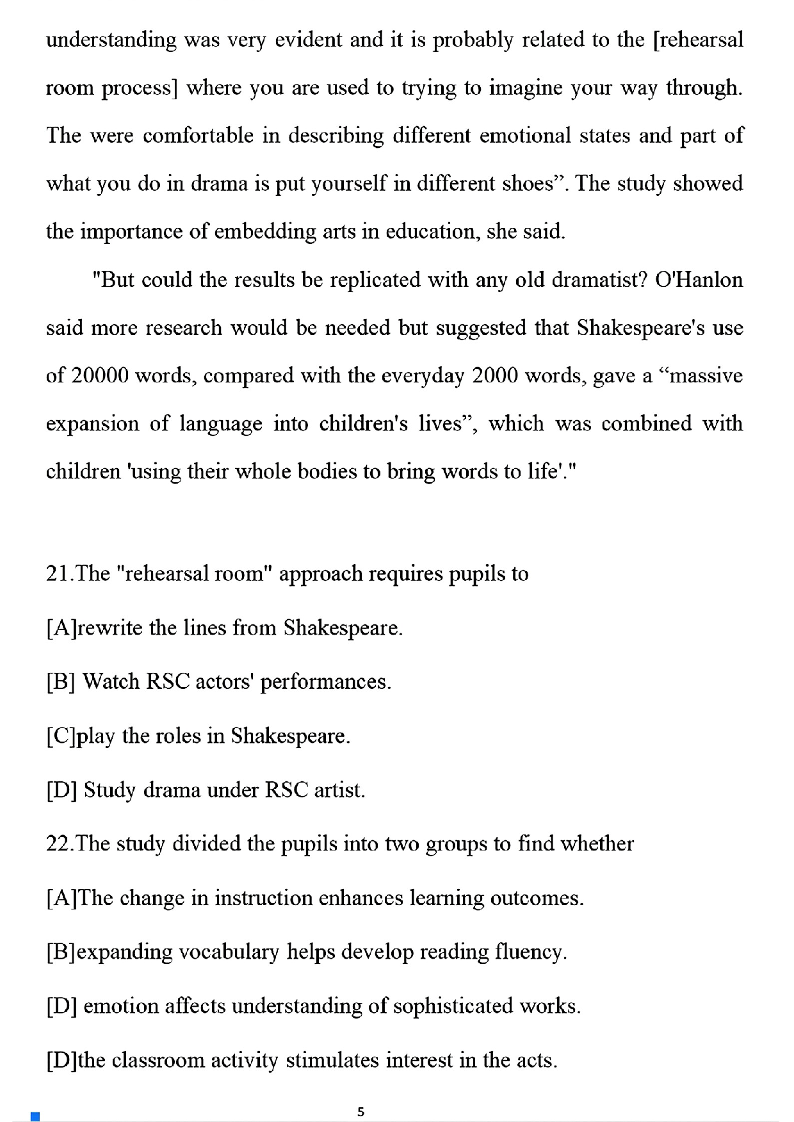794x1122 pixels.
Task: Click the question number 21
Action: [60, 573]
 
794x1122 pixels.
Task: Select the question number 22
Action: [60, 843]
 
